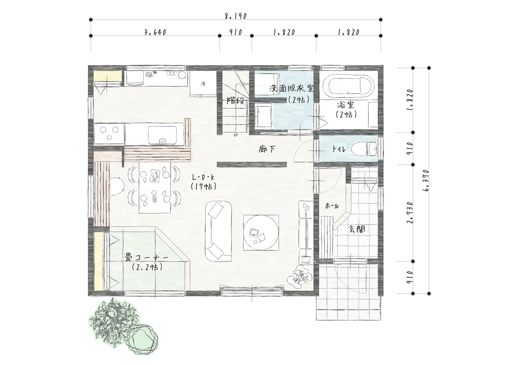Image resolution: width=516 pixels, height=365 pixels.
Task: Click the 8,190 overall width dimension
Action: [236, 16]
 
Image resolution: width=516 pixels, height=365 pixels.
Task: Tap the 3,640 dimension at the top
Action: [155, 32]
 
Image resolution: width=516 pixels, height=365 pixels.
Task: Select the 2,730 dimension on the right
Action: [410, 213]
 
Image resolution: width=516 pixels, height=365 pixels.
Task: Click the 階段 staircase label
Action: [235, 101]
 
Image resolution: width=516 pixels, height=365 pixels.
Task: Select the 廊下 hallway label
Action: [267, 149]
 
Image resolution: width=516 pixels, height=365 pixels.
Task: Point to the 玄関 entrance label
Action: [357, 229]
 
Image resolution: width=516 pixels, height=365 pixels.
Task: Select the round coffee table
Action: [261, 232]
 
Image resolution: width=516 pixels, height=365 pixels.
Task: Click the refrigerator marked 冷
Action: [203, 83]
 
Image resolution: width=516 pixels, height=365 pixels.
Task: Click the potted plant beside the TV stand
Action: [300, 277]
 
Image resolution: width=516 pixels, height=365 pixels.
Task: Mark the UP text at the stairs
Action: [236, 135]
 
